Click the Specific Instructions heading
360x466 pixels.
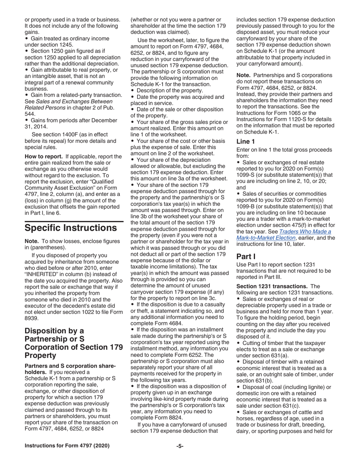[x=70, y=228]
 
